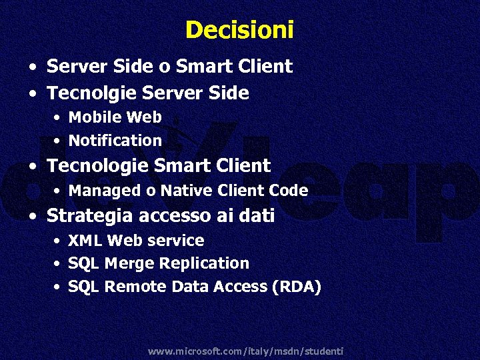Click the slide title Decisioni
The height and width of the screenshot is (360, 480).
(239, 30)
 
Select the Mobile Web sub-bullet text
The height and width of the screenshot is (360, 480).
(115, 117)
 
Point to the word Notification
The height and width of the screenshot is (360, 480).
(115, 141)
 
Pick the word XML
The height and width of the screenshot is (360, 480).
(85, 240)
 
